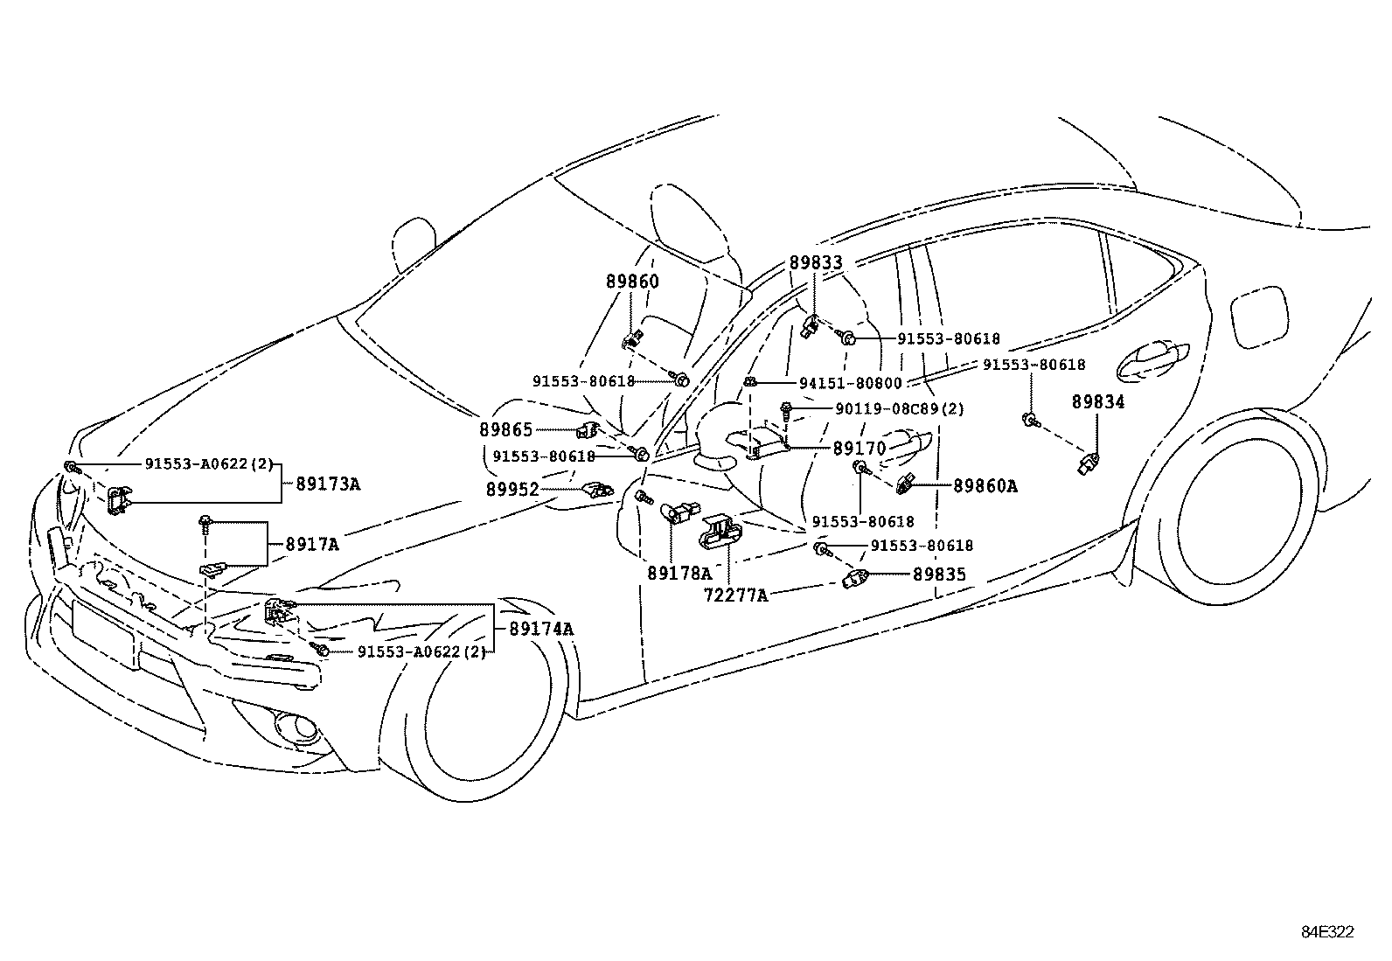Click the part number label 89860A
[x=985, y=486]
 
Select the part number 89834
[x=1098, y=402]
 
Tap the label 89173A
[x=328, y=484]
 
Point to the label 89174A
[x=541, y=629]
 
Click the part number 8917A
[x=312, y=544]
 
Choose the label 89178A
[x=679, y=574]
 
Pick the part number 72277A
[x=736, y=595]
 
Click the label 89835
[x=939, y=575]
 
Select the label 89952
[x=512, y=490]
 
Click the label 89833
[x=816, y=262]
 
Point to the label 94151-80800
[x=850, y=383]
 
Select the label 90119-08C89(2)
[x=887, y=408]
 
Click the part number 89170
[x=860, y=449]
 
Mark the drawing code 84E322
[x=1327, y=932]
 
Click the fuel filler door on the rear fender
[x=1258, y=318]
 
